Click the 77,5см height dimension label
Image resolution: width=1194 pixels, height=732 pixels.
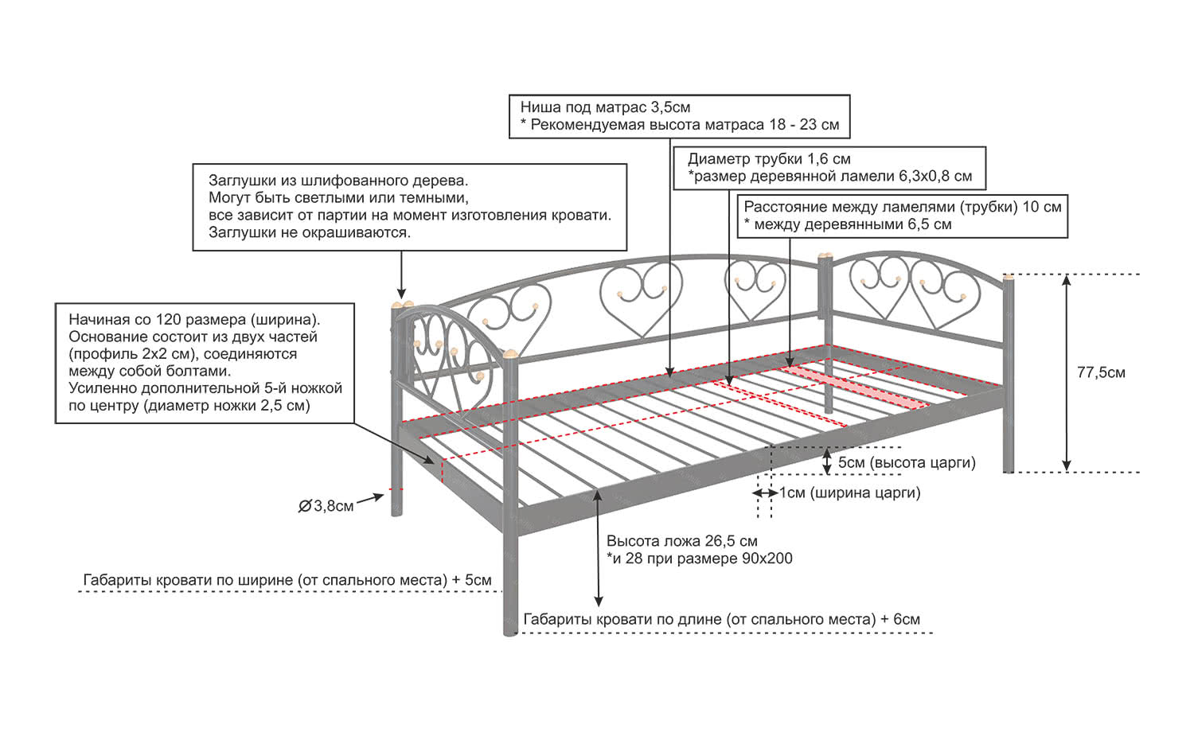click(1101, 372)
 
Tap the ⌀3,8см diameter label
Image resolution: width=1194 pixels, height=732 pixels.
click(326, 506)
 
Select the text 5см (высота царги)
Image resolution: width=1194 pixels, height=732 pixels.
click(906, 462)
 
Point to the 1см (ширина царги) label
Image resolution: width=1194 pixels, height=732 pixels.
click(849, 493)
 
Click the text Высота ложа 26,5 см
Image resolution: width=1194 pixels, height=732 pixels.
click(681, 541)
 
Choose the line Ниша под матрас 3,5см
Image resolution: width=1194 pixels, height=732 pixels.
click(605, 107)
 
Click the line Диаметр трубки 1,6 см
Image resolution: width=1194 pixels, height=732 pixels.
click(769, 158)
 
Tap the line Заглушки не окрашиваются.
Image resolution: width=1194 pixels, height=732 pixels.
click(310, 232)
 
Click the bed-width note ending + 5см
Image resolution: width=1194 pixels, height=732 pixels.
click(287, 580)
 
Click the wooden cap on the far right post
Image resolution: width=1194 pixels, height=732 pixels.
click(1009, 276)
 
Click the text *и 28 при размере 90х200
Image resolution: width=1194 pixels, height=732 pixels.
click(700, 559)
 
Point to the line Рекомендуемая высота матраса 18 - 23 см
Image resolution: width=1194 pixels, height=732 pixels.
click(685, 125)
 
